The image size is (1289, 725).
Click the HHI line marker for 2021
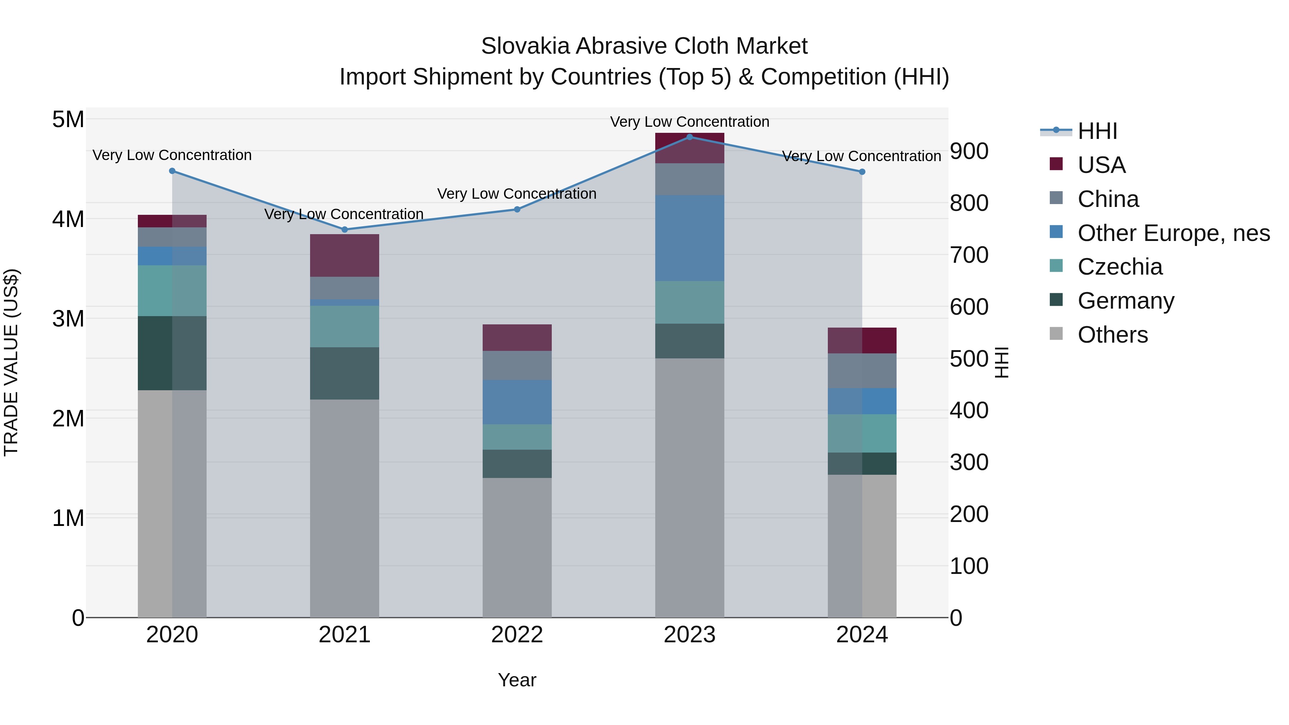pos(344,229)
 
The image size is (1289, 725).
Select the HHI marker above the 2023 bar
pos(690,137)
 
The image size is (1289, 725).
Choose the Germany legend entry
pos(1125,301)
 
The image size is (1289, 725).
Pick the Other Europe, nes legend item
pos(1173,233)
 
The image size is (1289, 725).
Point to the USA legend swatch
pos(1056,164)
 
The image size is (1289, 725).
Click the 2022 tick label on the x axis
pos(517,635)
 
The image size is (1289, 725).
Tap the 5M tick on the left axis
pos(68,120)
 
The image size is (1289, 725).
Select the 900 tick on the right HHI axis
pos(969,151)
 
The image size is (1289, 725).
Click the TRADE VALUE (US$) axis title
pos(11,362)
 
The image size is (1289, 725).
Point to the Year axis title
pos(517,680)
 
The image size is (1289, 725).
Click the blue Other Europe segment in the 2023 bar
pos(690,238)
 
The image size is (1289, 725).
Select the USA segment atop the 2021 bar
pos(344,255)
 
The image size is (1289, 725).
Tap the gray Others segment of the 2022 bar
pos(517,547)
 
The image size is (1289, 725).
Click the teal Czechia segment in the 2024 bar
pos(862,433)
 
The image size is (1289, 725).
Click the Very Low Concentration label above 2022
pos(517,194)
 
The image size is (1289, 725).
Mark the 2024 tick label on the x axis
pos(862,635)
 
